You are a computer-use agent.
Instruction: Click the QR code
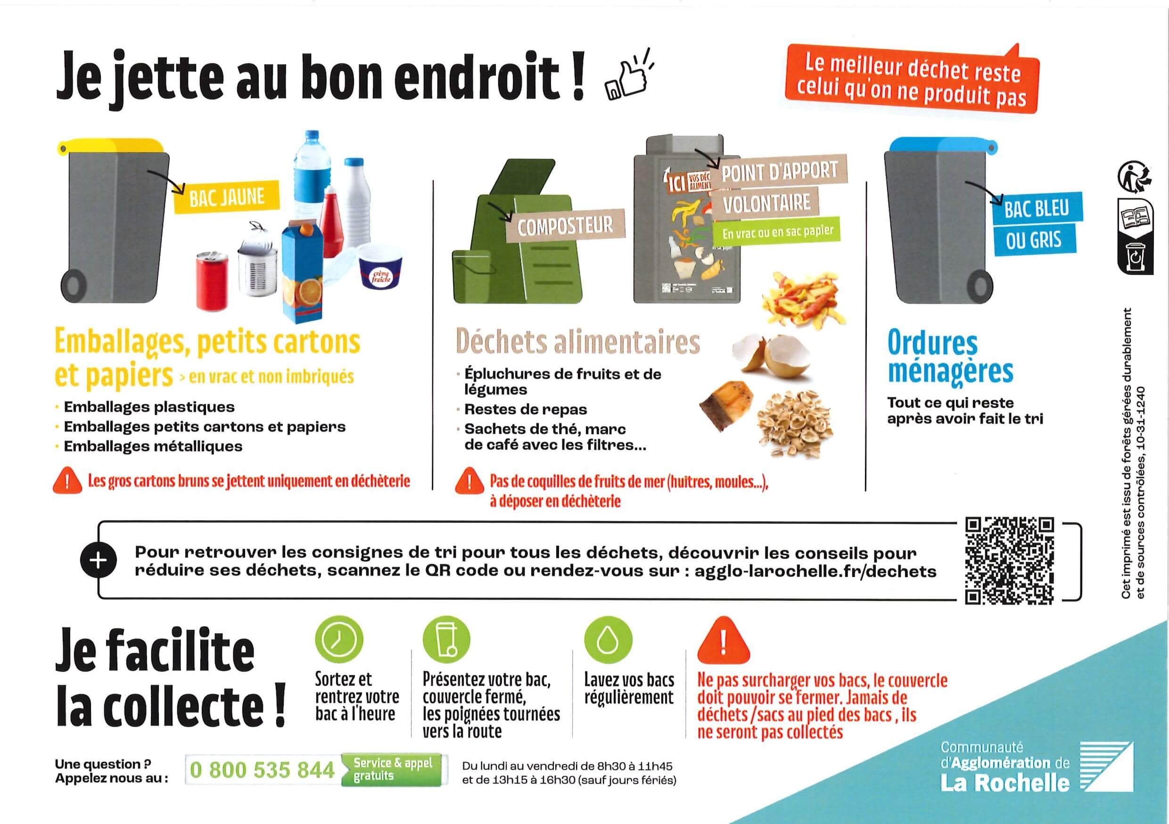[x=1010, y=560]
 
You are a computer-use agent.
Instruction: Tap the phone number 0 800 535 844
[x=262, y=770]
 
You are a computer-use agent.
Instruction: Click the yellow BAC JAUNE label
[x=227, y=198]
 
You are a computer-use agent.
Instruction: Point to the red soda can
[x=212, y=280]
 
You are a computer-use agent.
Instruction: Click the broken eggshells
[x=769, y=355]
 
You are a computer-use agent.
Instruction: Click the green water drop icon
[x=607, y=641]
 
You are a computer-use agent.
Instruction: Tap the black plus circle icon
[x=98, y=560]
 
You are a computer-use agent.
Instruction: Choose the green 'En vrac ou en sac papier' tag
[x=777, y=232]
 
